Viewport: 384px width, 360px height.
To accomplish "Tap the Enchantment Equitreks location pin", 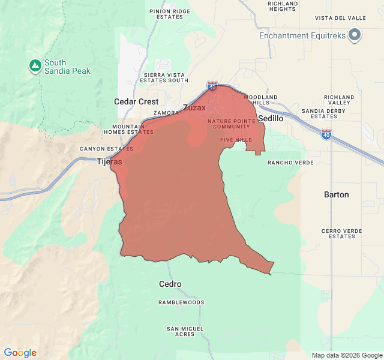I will click(x=355, y=35).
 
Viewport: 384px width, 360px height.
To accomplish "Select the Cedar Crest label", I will click(x=136, y=102).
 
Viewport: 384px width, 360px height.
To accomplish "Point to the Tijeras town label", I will click(x=109, y=161).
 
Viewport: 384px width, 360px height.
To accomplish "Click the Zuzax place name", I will click(x=194, y=108).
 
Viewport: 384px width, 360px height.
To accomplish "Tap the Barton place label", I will click(x=336, y=195).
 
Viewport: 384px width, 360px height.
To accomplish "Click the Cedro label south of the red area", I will click(x=170, y=284).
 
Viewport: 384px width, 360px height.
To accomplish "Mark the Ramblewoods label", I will click(x=181, y=302).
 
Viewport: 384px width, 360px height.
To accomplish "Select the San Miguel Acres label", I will click(x=185, y=331).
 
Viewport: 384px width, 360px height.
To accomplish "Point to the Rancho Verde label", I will click(x=290, y=163).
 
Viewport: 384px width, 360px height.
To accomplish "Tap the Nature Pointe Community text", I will click(x=229, y=124).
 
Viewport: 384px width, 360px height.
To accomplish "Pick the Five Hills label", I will click(x=236, y=140).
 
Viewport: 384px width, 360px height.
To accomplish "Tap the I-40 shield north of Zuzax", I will click(x=212, y=86).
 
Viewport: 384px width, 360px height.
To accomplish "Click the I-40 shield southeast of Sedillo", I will click(x=326, y=133).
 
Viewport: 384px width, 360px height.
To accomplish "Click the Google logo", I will click(x=20, y=353).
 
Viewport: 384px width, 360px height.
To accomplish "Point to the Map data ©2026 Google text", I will click(x=346, y=355).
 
